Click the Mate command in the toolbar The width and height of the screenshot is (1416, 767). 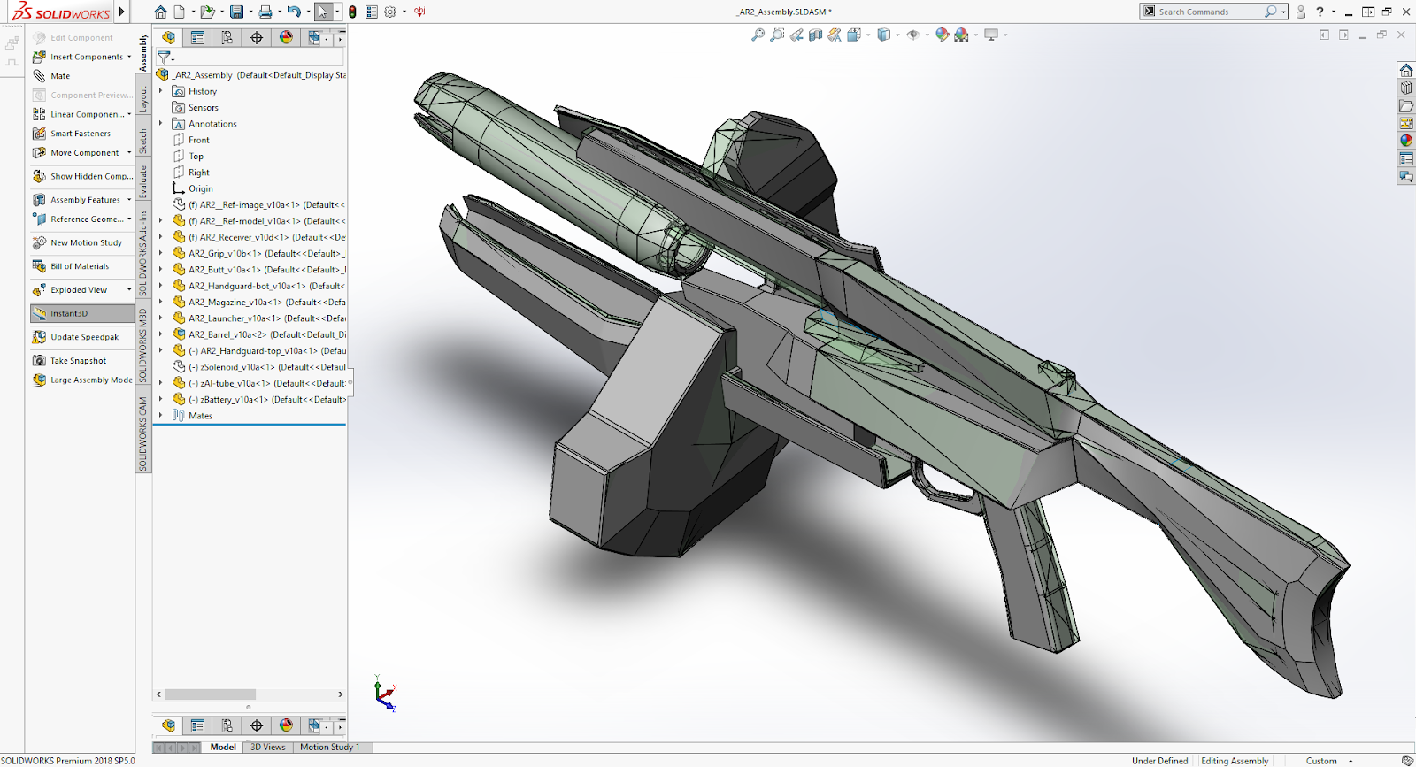pos(59,76)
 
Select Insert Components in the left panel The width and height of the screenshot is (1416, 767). pos(86,57)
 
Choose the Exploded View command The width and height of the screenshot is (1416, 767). pos(78,290)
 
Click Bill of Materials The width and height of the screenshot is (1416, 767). pos(79,266)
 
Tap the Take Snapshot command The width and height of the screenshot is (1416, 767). pos(78,361)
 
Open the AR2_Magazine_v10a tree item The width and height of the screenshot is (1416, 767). pos(265,303)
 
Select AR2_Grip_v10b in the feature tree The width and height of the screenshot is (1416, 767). pos(263,254)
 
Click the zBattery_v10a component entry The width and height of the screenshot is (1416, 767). pos(265,400)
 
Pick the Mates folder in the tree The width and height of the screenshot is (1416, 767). pos(200,416)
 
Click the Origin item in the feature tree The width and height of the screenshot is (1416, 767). pos(200,188)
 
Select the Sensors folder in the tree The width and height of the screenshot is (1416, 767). pos(203,108)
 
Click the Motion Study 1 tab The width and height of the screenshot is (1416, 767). pos(329,748)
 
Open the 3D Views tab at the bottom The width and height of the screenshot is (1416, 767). pos(267,748)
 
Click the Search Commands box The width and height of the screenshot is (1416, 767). pos(1208,12)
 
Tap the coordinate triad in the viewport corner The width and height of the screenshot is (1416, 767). pos(384,695)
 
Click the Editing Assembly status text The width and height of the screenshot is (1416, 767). pos(1234,761)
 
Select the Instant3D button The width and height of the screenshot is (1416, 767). pos(69,313)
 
